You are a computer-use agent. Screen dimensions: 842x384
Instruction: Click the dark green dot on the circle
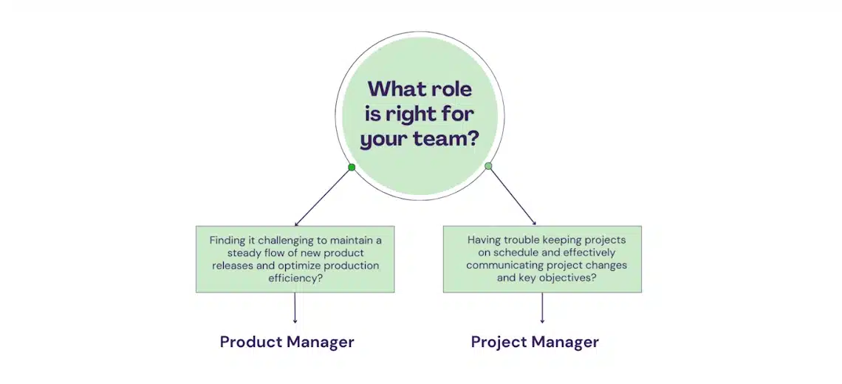[352, 168]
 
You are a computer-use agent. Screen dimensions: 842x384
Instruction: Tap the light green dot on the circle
[488, 166]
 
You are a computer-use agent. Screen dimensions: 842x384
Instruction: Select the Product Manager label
[287, 342]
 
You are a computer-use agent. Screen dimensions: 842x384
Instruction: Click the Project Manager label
[535, 342]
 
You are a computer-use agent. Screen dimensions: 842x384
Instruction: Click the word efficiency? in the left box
[295, 278]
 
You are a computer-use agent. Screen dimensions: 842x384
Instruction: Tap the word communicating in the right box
[499, 266]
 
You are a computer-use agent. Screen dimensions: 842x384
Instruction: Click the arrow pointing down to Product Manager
[295, 308]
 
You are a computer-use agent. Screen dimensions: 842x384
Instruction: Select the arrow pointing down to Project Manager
[542, 308]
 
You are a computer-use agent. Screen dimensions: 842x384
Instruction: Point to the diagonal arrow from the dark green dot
[323, 197]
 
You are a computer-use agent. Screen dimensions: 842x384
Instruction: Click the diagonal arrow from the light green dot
[513, 196]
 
